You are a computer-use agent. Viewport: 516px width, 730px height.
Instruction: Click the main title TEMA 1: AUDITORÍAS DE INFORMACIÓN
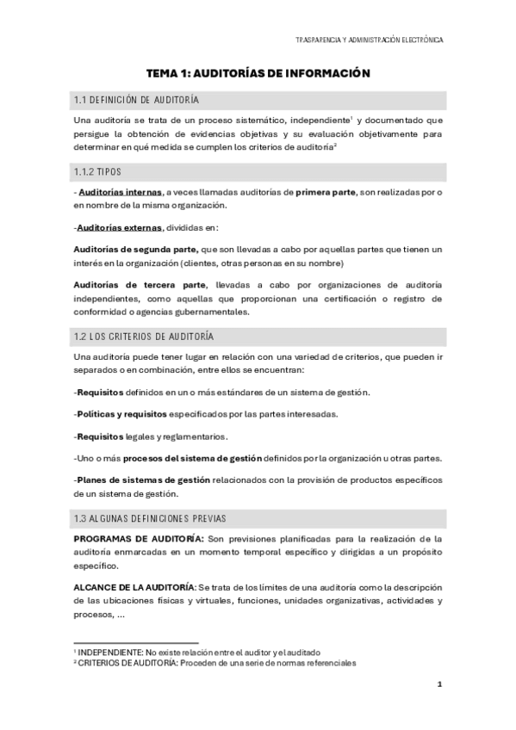tap(258, 74)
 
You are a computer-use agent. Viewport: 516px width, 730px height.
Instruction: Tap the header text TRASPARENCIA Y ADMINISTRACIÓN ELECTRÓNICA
tap(370, 40)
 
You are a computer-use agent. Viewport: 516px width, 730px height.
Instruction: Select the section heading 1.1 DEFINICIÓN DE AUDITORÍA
tap(136, 101)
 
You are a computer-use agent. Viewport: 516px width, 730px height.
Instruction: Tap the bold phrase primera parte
tap(325, 192)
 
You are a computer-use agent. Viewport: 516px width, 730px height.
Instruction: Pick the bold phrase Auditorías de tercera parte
tap(140, 284)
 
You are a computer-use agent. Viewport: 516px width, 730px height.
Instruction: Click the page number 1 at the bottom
tap(439, 684)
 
